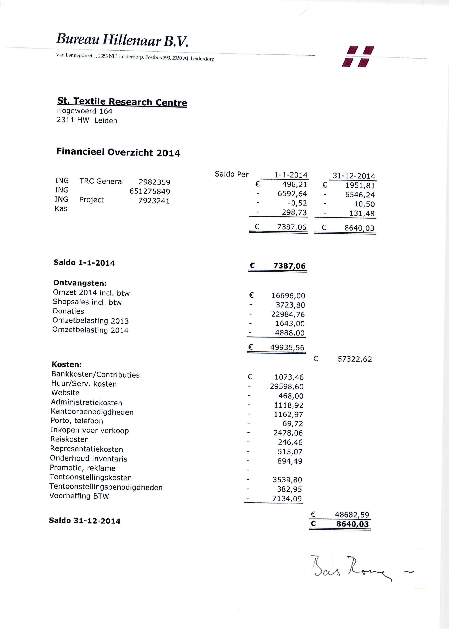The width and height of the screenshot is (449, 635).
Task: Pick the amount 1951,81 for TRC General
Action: tap(360, 186)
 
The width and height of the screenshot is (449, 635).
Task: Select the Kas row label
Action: tap(61, 209)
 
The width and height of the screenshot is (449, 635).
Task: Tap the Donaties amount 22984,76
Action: tap(288, 315)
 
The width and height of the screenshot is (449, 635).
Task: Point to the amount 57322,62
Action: tap(354, 359)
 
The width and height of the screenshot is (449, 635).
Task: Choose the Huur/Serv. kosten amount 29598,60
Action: tap(287, 387)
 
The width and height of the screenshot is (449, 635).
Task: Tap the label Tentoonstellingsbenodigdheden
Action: tap(106, 487)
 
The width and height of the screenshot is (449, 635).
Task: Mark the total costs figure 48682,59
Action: tap(352, 515)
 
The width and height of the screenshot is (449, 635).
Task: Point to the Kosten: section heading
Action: tap(67, 364)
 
